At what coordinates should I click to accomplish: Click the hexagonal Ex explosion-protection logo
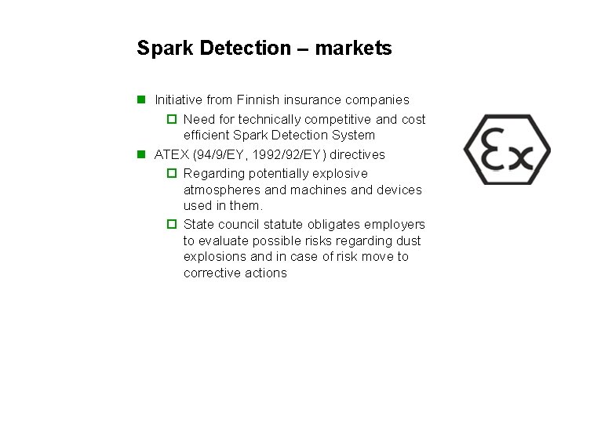pyautogui.click(x=507, y=150)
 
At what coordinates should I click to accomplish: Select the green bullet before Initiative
pyautogui.click(x=141, y=99)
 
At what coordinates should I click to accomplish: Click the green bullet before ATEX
pyautogui.click(x=141, y=154)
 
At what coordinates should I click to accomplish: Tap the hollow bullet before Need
pyautogui.click(x=172, y=120)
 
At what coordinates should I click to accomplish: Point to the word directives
pyautogui.click(x=357, y=154)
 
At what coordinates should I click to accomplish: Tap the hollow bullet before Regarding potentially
pyautogui.click(x=172, y=173)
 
